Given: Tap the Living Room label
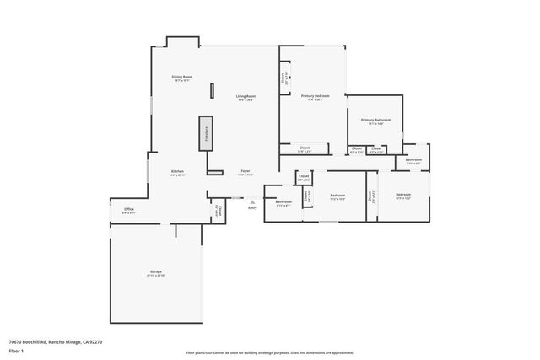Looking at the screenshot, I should (246, 98).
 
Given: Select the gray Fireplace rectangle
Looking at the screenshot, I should (205, 133).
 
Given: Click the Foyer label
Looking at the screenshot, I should (246, 172).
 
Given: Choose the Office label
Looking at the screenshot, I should (129, 210).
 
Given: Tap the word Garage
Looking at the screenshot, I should (156, 271).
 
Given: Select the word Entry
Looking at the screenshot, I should (252, 208).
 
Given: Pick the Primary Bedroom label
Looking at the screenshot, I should (316, 97).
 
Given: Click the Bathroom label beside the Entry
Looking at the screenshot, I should (283, 202).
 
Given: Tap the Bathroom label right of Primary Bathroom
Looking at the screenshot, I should (413, 160).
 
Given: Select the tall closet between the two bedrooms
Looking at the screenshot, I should (371, 196).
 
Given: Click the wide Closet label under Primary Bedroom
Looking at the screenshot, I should (305, 149).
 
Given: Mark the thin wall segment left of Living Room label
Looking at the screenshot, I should (212, 91).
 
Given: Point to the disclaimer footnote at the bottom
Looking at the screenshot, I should (270, 353).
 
